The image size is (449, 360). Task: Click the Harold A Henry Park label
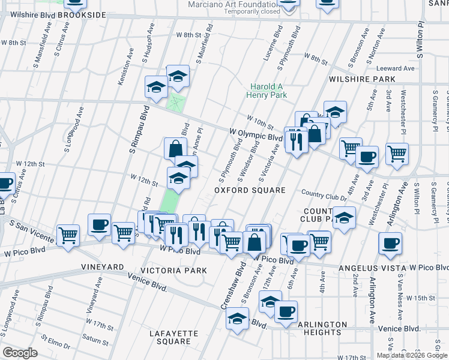268,90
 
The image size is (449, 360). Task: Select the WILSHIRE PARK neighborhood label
361,79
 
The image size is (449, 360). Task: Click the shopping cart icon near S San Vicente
68,233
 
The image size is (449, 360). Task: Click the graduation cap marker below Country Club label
343,217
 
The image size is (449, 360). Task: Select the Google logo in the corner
20,353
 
